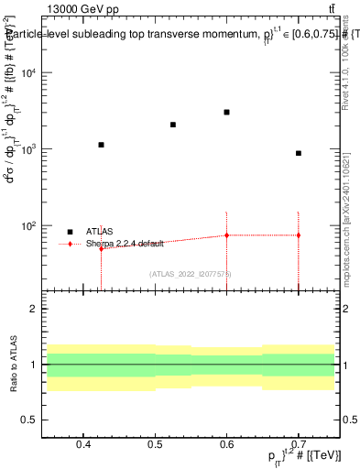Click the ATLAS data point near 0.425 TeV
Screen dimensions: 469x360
point(102,145)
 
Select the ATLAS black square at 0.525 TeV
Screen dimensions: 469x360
point(173,125)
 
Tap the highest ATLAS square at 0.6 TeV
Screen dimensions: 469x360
point(226,112)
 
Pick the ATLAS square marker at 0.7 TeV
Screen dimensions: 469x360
point(299,153)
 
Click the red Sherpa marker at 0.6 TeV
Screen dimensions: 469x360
point(226,235)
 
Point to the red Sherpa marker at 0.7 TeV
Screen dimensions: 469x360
point(299,235)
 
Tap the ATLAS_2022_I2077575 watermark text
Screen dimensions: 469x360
point(191,273)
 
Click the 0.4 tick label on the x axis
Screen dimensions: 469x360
point(83,445)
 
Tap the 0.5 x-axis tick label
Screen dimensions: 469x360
point(155,445)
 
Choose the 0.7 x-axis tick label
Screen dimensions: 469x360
point(299,445)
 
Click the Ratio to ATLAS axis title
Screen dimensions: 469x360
point(13,365)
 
